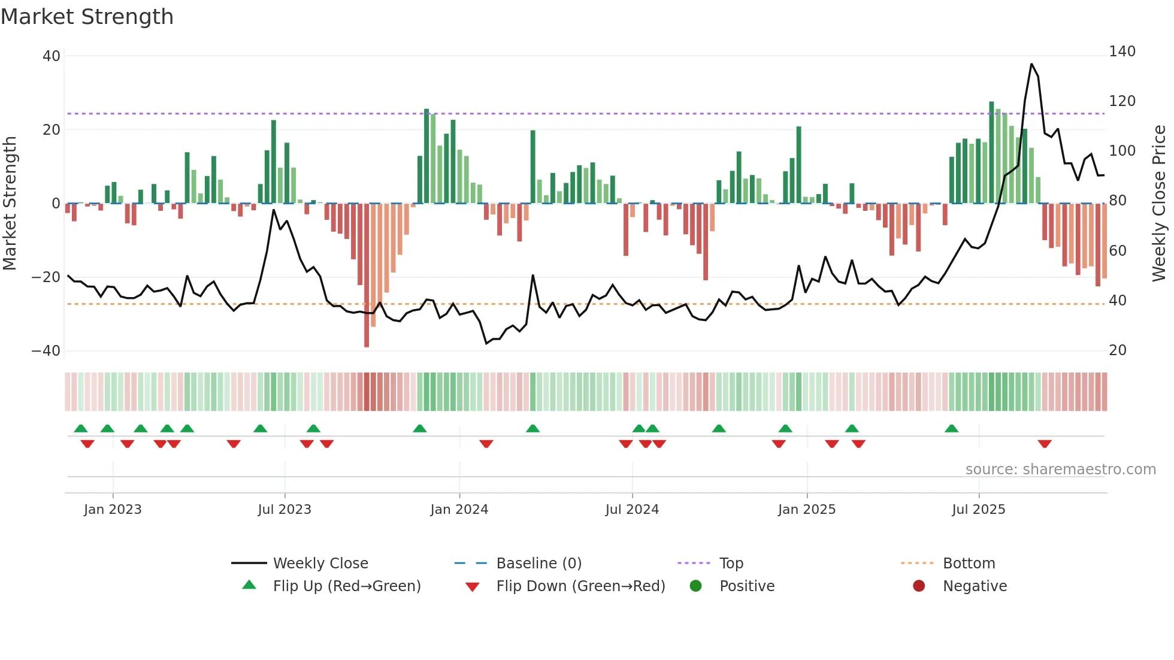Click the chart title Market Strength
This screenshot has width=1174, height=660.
[x=87, y=17]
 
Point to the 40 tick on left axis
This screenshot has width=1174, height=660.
[x=52, y=56]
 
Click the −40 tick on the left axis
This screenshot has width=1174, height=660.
[x=46, y=351]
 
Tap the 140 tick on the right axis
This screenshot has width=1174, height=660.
[x=1122, y=52]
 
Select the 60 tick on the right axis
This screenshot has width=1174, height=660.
[x=1118, y=251]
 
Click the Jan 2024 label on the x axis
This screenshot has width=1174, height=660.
[x=459, y=510]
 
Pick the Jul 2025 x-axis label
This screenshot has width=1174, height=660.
[x=978, y=510]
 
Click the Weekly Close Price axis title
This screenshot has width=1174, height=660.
[x=1159, y=204]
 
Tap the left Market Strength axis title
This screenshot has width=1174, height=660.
[x=10, y=204]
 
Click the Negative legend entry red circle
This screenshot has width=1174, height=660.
[x=919, y=586]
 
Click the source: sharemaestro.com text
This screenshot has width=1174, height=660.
[x=1060, y=470]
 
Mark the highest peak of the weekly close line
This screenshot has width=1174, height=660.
[x=1031, y=64]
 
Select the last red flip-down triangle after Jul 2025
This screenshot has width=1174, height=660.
[x=1045, y=444]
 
